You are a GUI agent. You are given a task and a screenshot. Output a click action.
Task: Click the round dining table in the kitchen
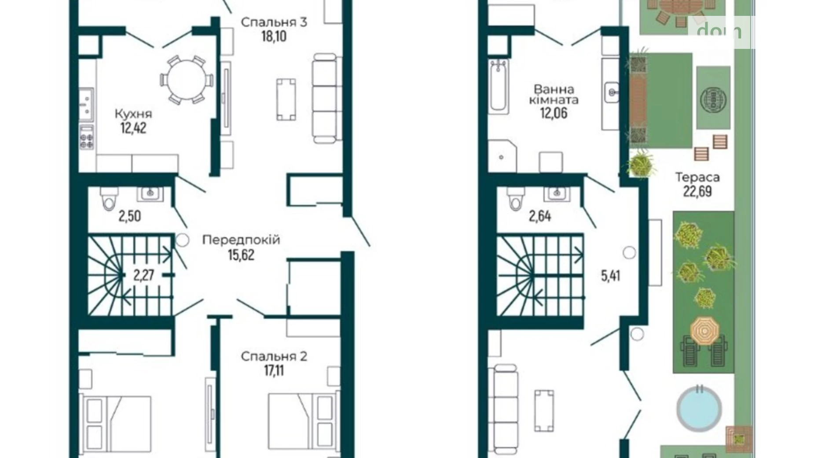(x=187, y=80)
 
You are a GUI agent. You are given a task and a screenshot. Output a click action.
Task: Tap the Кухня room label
(x=133, y=114)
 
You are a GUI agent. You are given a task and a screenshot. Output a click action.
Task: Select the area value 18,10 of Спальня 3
(x=274, y=36)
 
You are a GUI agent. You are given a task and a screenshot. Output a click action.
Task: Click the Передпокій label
(x=241, y=240)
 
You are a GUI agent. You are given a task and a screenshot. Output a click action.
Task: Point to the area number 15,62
(x=241, y=255)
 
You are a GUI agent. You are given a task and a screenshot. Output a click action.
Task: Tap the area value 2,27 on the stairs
(x=143, y=275)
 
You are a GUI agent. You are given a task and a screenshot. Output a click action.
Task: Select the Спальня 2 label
(x=274, y=356)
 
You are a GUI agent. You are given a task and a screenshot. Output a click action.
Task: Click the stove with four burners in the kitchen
(x=87, y=137)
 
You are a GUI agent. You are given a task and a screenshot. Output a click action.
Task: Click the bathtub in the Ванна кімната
(x=499, y=85)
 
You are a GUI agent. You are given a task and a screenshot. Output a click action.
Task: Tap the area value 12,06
(x=554, y=113)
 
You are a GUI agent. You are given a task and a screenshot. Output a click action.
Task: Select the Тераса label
(x=697, y=177)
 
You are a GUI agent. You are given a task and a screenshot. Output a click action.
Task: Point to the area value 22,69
(x=697, y=192)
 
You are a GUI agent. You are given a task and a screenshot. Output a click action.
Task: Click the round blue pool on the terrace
(x=699, y=409)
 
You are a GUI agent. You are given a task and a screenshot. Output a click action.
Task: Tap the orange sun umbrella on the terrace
(x=704, y=330)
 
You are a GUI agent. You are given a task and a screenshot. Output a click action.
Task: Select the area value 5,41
(x=611, y=276)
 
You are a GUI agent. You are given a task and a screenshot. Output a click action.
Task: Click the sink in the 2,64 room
(x=557, y=193)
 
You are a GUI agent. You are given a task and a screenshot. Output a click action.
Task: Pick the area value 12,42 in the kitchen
(x=133, y=128)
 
